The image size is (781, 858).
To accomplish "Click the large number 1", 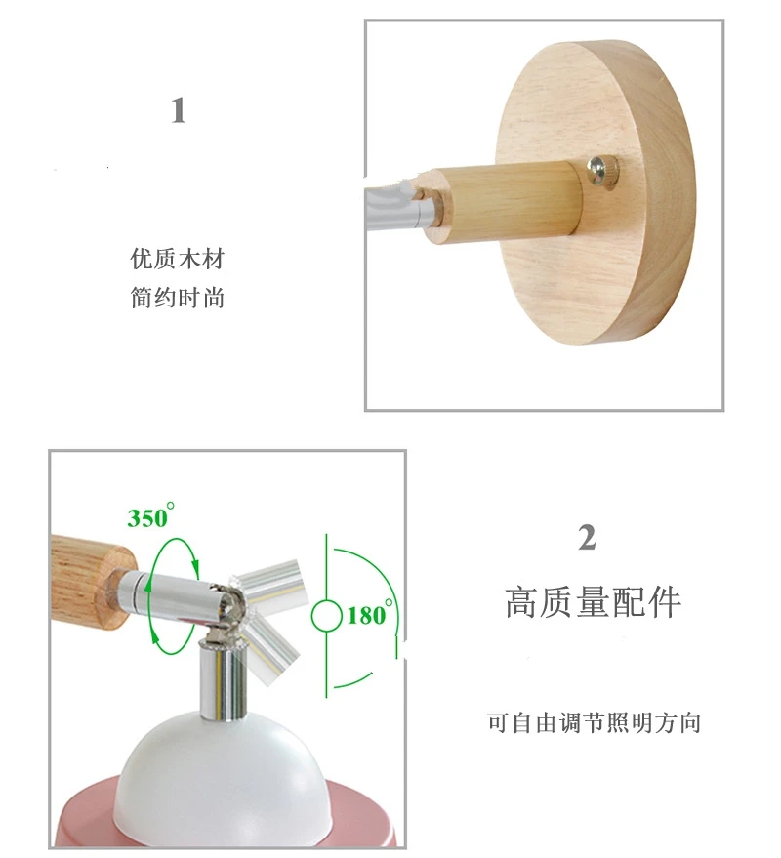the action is [x=179, y=110].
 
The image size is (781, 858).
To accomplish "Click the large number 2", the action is [x=587, y=537].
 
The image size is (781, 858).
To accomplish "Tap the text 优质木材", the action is [x=178, y=259].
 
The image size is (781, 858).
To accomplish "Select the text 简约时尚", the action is [x=178, y=298].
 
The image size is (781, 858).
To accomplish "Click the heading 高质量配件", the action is [x=593, y=602].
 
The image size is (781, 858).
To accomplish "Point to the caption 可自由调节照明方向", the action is [x=594, y=723].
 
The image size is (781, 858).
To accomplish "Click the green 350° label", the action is [x=150, y=516].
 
